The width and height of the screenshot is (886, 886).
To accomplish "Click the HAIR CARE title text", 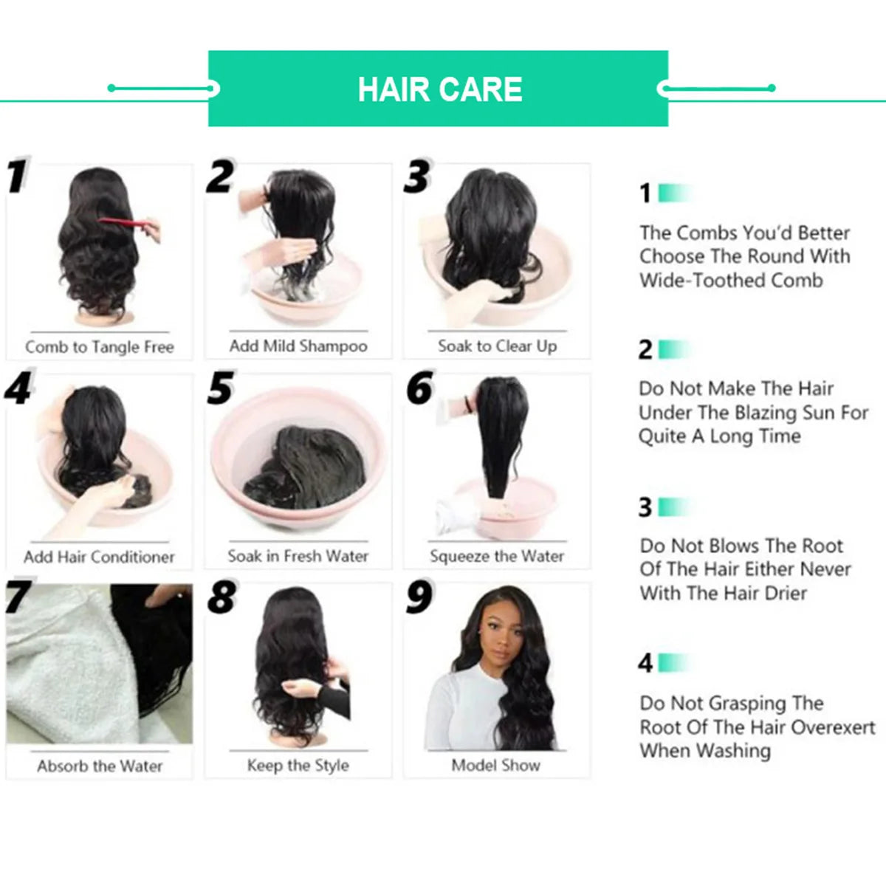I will [440, 89].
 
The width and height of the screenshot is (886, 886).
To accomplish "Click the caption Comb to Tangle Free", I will [100, 347].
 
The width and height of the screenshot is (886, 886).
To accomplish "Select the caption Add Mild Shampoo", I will [298, 346].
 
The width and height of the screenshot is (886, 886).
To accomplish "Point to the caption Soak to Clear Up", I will [497, 346].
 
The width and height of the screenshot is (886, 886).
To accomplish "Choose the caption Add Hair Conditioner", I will [100, 557].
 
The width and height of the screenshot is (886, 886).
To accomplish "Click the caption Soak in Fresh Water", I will [298, 556].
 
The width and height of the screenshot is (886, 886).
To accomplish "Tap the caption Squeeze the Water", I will [497, 556].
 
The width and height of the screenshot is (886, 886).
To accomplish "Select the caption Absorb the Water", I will [100, 766].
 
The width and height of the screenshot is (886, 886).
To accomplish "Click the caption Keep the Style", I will [298, 766].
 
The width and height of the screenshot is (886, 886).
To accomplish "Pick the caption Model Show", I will [496, 766].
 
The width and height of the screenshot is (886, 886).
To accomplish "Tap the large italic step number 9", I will [419, 598].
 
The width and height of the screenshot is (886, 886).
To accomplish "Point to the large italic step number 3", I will [417, 178].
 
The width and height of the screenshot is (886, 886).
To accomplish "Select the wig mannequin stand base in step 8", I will [298, 738].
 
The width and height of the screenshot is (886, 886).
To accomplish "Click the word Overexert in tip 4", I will [831, 727].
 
